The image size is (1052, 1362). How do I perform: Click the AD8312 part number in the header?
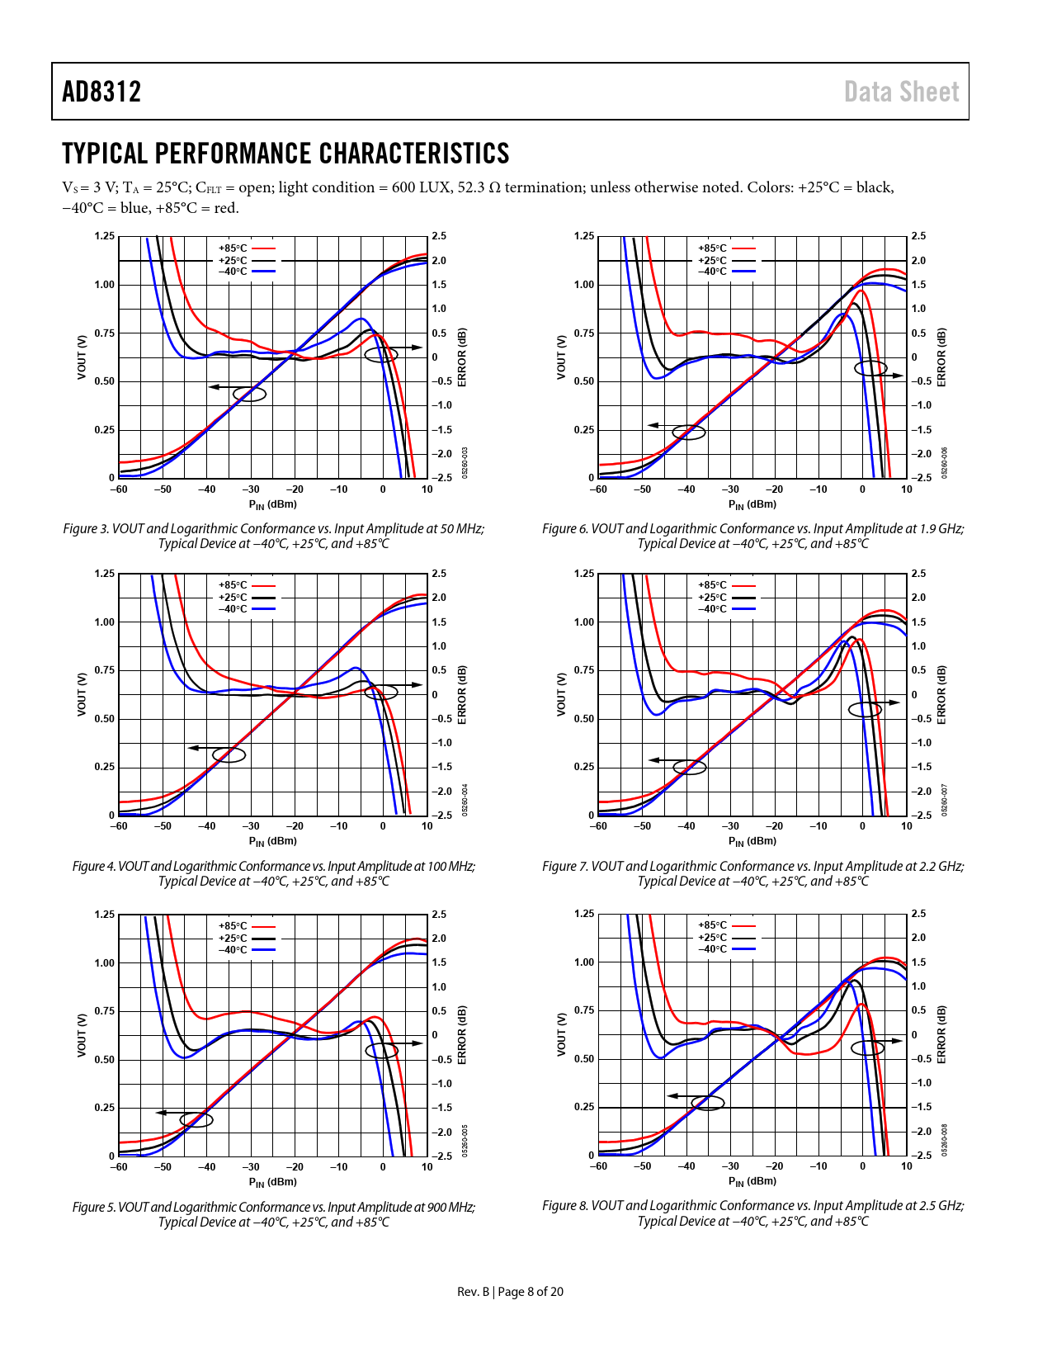click(x=101, y=92)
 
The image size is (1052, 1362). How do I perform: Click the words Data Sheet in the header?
click(x=901, y=92)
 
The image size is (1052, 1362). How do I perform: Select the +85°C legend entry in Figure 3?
click(x=233, y=248)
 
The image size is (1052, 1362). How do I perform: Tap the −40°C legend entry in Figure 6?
click(x=713, y=272)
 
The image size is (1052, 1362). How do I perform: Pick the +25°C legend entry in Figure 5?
click(x=233, y=939)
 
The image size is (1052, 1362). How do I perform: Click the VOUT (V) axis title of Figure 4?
click(x=82, y=694)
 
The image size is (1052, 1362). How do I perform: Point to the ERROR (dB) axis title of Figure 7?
click(x=941, y=694)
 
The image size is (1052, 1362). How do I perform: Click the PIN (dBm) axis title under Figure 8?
click(x=752, y=1182)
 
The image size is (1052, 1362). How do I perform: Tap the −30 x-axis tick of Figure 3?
click(x=251, y=489)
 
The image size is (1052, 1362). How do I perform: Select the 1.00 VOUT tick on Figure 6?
click(x=583, y=285)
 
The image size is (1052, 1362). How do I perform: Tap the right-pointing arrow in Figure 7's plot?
click(x=892, y=703)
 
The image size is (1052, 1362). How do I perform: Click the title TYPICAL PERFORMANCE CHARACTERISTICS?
click(x=285, y=154)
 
